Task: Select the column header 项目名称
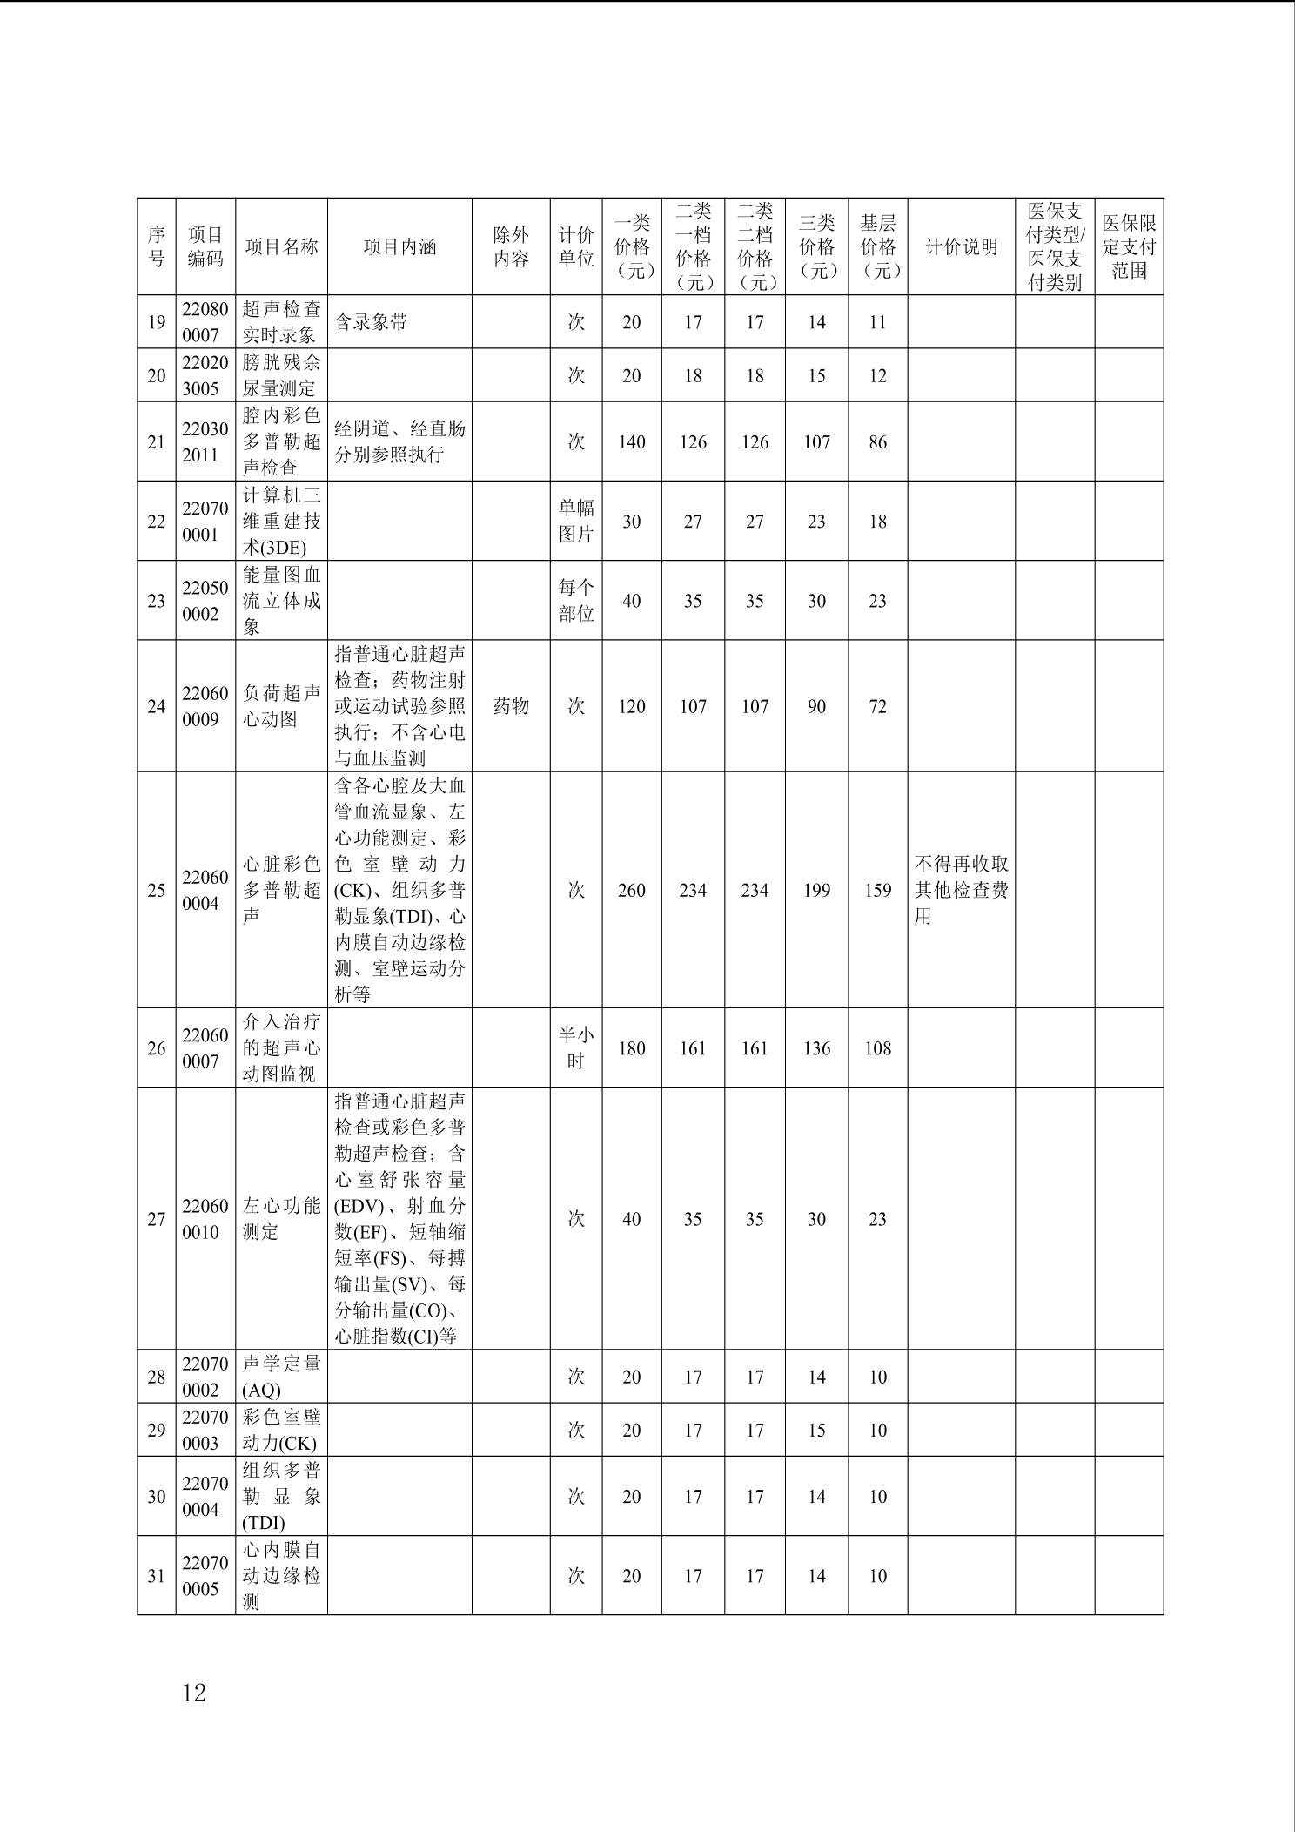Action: pyautogui.click(x=281, y=247)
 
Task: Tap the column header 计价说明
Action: pyautogui.click(x=961, y=247)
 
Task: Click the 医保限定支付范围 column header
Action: pyautogui.click(x=1129, y=247)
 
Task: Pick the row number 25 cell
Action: pyautogui.click(x=157, y=890)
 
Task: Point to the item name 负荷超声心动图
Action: pyautogui.click(x=281, y=706)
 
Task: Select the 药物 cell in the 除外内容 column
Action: pyautogui.click(x=511, y=706)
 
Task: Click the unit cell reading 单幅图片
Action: pyautogui.click(x=576, y=521)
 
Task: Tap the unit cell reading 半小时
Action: pyautogui.click(x=576, y=1048)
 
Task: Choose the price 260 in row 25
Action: pyautogui.click(x=632, y=890)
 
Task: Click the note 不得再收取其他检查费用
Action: pyautogui.click(x=961, y=890)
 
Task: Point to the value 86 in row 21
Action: pyautogui.click(x=877, y=442)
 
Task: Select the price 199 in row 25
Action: pyautogui.click(x=816, y=890)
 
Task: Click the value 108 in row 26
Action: pyautogui.click(x=877, y=1048)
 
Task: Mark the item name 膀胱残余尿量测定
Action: pyautogui.click(x=281, y=375)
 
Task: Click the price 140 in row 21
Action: pyautogui.click(x=632, y=442)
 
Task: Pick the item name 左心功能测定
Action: pyautogui.click(x=281, y=1219)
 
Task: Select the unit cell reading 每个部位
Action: pyautogui.click(x=576, y=601)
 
